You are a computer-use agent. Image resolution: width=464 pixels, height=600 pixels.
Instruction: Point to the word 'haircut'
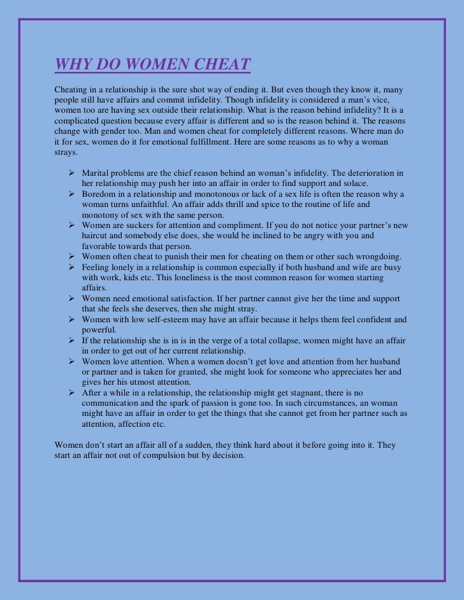tap(96, 236)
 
